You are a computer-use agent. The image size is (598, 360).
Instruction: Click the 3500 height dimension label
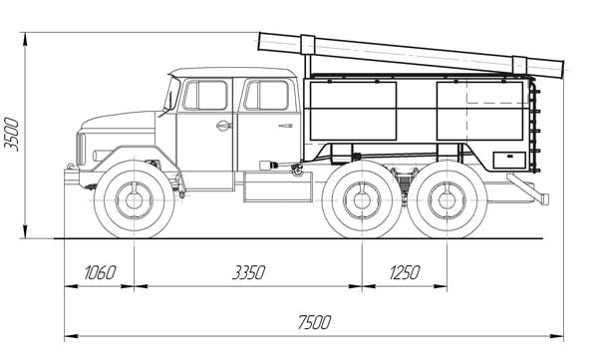[11, 135]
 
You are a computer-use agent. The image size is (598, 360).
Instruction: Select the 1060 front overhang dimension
[100, 272]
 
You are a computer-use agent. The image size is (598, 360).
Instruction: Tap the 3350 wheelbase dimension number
[248, 272]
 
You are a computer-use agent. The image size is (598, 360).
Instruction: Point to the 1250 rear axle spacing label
[405, 272]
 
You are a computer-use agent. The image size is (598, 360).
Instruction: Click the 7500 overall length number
[314, 322]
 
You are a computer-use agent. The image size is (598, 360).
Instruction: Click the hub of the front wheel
[134, 200]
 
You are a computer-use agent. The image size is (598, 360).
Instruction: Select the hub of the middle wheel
[362, 200]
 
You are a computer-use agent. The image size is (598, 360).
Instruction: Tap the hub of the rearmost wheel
[447, 200]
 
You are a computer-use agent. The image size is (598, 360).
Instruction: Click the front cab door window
[205, 96]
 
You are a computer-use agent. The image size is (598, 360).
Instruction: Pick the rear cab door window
[266, 96]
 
